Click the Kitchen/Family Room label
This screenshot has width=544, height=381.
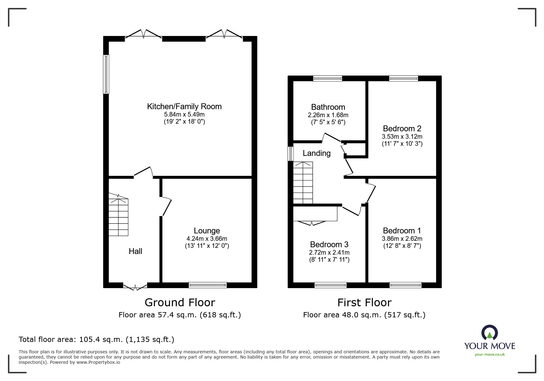pos(184,106)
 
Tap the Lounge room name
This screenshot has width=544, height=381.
pos(207,231)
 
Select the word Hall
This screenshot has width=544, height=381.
pos(135,251)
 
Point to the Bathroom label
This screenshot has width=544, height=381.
pos(328,107)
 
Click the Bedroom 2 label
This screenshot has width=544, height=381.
pos(402,129)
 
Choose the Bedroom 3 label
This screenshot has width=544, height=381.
pos(329,244)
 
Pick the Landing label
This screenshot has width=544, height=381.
pos(317,153)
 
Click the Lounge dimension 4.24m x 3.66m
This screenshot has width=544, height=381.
pos(207,239)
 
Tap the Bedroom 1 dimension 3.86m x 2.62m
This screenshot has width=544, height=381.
pos(402,239)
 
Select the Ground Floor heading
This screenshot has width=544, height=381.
pos(180,303)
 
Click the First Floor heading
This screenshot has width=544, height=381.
pos(364,303)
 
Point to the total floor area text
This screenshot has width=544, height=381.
pos(96,339)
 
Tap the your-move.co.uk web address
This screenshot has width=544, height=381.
pos(490,355)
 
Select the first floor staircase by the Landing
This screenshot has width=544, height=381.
pos(303,183)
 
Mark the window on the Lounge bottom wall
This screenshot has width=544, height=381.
pos(208,285)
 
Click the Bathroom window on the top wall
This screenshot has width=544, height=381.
pos(327,78)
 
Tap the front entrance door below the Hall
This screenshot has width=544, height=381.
pos(135,286)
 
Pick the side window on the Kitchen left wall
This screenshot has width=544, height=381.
pos(106,74)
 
